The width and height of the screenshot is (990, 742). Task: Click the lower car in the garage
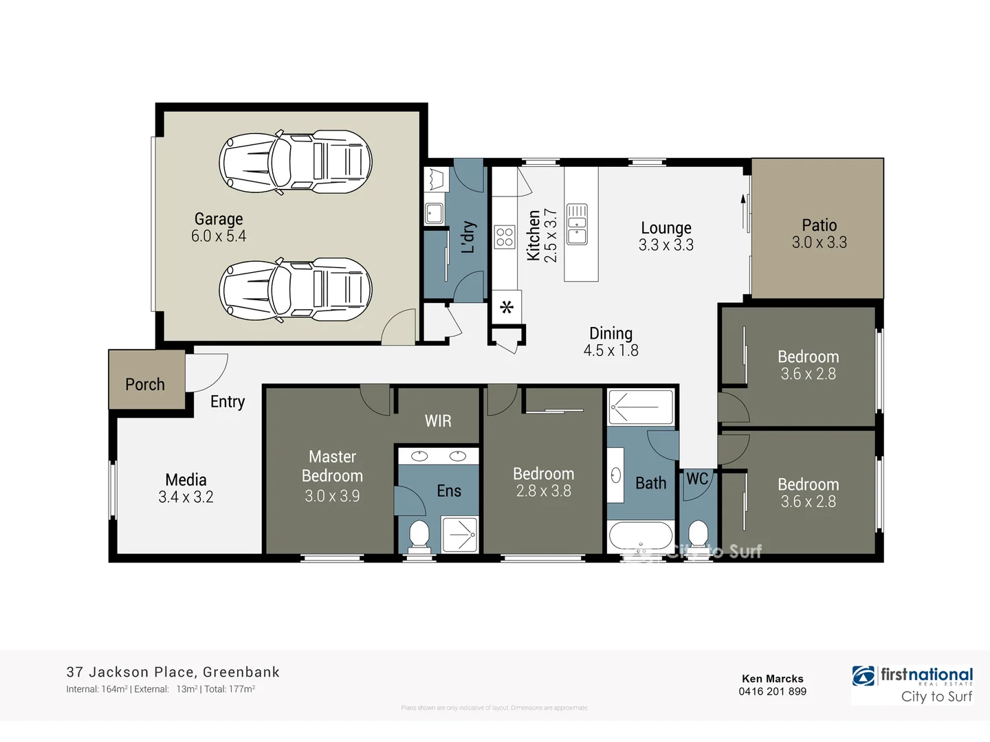[296, 290]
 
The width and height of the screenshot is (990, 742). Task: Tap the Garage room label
[219, 219]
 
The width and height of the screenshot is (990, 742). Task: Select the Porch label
[145, 385]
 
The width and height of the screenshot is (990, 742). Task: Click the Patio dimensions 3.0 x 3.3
[819, 243]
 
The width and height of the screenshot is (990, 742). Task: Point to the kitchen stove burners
[505, 237]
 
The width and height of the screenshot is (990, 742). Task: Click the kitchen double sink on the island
[577, 224]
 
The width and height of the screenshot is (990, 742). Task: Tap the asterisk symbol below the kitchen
[507, 307]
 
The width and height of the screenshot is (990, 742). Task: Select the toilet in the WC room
[698, 534]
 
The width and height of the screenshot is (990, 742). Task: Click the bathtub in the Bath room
[640, 537]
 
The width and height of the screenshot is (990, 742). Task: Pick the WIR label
[438, 421]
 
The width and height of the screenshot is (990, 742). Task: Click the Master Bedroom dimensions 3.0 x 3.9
[332, 496]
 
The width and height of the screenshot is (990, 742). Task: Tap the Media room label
[186, 480]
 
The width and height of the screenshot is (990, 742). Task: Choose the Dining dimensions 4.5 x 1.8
[610, 350]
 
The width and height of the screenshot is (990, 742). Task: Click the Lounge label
[666, 228]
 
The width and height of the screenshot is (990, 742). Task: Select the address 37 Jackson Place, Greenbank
[173, 672]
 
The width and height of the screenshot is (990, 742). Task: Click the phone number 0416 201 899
[772, 691]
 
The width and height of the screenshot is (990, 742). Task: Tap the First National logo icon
[863, 676]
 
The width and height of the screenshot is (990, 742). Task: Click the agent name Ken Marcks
[772, 679]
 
